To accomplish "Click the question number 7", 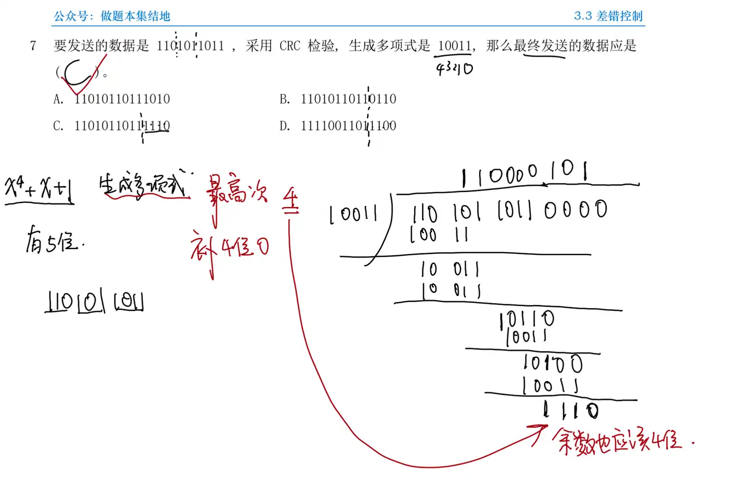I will point(33,46).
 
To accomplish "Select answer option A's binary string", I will point(122,99).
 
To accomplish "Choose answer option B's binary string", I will point(348,99).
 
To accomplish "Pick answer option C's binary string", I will point(122,125).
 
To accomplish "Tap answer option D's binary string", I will point(348,125).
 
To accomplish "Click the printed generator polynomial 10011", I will point(454,46).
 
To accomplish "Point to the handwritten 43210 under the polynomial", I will point(454,68).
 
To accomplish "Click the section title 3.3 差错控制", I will point(608,16).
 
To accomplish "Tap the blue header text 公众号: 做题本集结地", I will point(112,16).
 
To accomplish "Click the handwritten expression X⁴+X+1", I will point(39,189).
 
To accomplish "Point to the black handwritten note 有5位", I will point(52,241).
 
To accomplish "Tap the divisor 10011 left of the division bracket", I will point(353,214).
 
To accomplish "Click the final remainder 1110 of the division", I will point(571,410).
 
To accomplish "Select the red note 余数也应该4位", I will point(617,441).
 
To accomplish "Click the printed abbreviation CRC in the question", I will point(290,46).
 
